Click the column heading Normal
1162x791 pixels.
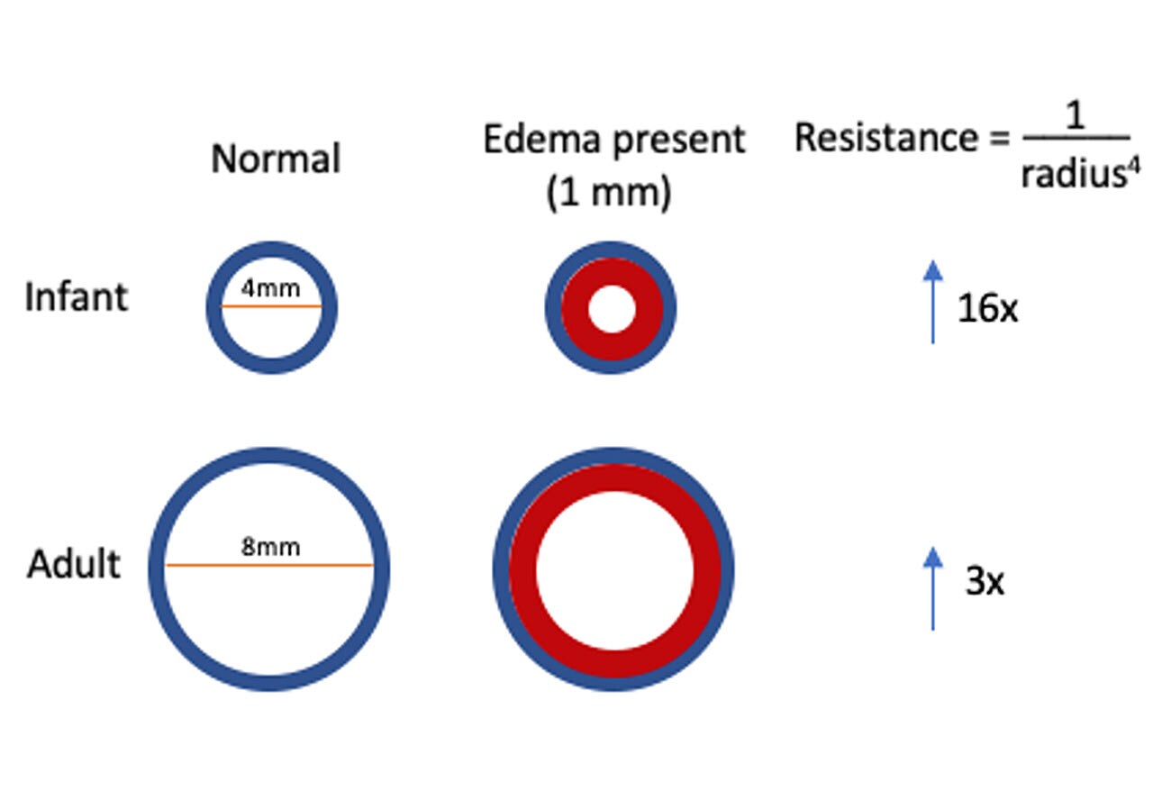276,159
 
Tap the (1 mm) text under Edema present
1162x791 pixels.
609,195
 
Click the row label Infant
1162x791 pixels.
76,297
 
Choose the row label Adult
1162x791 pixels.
74,565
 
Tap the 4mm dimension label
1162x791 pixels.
271,290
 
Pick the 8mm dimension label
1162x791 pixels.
270,547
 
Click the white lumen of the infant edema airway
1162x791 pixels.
612,309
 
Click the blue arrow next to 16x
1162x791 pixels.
933,302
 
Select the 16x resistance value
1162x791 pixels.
986,309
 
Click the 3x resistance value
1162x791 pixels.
984,583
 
